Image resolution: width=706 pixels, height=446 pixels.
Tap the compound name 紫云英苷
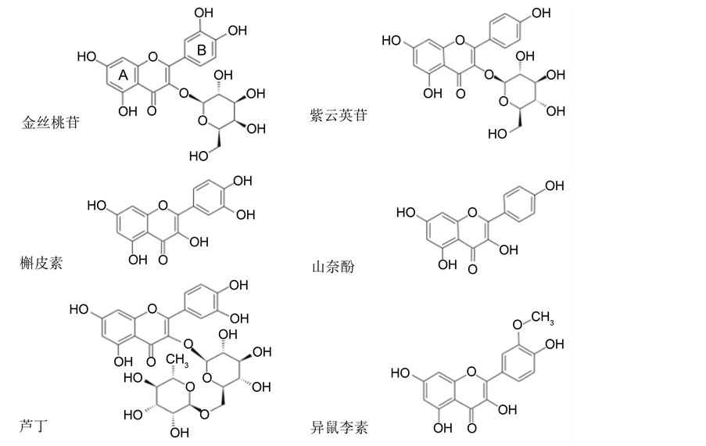339,115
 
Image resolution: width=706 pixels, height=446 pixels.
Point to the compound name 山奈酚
333,267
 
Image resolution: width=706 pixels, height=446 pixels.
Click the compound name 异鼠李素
339,427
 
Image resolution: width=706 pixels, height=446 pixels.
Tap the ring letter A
123,76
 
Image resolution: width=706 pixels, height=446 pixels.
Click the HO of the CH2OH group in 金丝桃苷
199,156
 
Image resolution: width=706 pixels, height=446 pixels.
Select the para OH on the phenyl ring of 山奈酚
553,185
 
